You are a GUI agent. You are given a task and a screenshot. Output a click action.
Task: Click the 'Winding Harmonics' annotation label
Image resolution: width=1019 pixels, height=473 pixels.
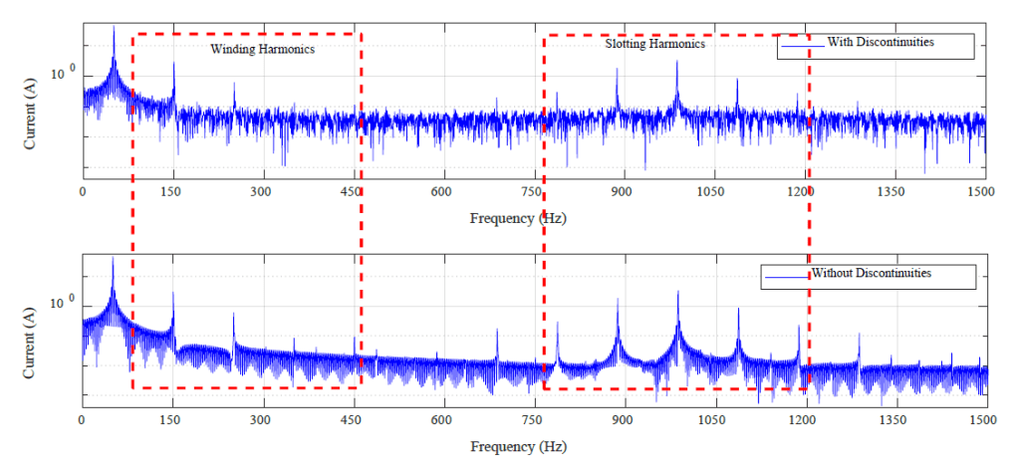(x=262, y=49)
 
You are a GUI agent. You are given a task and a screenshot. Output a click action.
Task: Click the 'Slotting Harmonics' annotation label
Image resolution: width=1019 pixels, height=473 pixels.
(x=654, y=45)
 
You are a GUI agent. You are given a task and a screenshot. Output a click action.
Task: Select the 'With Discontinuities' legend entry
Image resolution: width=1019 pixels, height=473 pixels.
(x=880, y=43)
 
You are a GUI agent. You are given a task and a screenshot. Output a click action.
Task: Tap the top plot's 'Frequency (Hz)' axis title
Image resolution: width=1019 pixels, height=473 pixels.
(x=518, y=217)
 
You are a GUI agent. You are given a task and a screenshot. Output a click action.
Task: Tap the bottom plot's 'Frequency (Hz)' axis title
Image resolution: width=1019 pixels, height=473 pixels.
(x=518, y=447)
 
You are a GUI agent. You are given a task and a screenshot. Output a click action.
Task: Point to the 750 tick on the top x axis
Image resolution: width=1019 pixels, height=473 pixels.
(x=534, y=191)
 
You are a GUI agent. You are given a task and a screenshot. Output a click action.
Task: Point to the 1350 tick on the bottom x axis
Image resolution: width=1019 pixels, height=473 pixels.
(x=895, y=421)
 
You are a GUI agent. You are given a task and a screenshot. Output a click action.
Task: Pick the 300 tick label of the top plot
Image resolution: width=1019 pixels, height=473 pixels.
(x=262, y=191)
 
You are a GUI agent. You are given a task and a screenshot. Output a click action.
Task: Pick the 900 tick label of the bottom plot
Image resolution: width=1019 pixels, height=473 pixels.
(x=625, y=421)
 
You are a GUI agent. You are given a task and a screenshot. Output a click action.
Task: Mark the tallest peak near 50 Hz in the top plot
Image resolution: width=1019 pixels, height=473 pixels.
(x=114, y=30)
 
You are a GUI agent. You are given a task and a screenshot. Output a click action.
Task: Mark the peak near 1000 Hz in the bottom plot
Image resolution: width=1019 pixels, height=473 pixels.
(x=678, y=293)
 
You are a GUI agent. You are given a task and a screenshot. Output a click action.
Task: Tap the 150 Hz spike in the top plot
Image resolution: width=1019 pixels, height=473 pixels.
(x=173, y=65)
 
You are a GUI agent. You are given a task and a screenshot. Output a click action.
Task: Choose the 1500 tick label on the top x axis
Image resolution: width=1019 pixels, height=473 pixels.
(x=984, y=191)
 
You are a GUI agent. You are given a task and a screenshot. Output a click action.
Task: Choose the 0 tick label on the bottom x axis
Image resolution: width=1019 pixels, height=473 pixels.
(x=82, y=421)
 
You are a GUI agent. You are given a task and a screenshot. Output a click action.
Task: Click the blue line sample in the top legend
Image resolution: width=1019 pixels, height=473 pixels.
(x=802, y=44)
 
